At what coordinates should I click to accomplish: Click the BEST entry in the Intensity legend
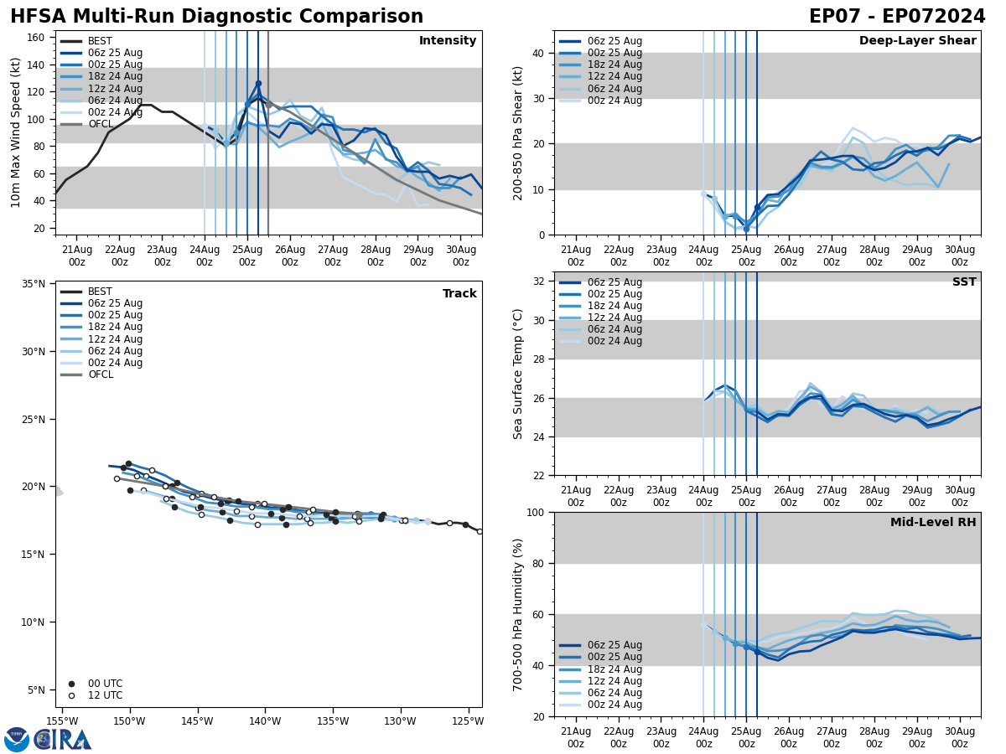[x=100, y=41]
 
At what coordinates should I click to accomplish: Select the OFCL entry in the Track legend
[x=100, y=374]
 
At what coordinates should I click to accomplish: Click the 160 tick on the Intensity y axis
[x=37, y=38]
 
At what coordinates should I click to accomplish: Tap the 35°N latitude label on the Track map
[x=34, y=284]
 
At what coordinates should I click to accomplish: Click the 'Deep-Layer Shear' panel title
[x=917, y=41]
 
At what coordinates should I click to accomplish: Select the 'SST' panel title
[x=964, y=282]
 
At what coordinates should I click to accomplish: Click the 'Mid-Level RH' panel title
[x=933, y=523]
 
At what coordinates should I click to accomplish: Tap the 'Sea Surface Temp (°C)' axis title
[x=518, y=374]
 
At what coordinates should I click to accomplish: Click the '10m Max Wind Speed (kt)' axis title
[x=16, y=132]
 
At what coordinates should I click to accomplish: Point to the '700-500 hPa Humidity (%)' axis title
[x=518, y=614]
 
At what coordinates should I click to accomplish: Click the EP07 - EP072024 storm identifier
[x=897, y=17]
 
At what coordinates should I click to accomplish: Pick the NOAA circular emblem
[x=17, y=740]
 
